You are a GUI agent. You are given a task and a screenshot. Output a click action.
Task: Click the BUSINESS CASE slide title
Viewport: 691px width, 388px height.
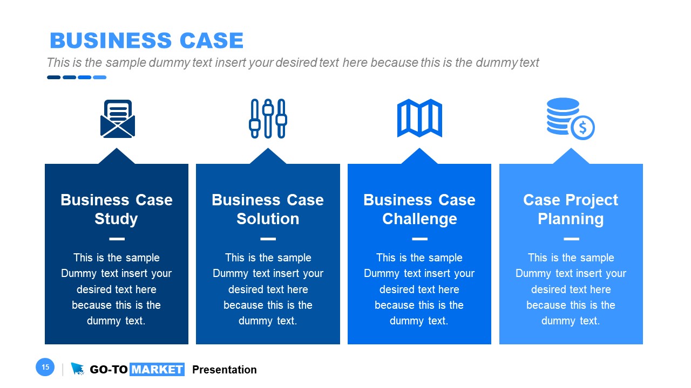(x=146, y=41)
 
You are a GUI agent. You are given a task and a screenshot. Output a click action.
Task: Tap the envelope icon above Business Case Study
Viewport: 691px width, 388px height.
(x=117, y=119)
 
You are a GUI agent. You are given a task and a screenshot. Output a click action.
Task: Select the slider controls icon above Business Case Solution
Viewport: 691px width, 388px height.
(x=268, y=119)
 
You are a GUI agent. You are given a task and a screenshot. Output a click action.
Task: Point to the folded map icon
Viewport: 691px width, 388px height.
(x=419, y=118)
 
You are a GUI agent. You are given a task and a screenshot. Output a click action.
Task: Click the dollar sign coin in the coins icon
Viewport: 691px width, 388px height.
(x=582, y=128)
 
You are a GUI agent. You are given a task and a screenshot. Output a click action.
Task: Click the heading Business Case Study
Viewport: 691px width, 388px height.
(x=117, y=209)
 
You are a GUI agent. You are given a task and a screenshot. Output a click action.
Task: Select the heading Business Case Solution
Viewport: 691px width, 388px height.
(x=268, y=209)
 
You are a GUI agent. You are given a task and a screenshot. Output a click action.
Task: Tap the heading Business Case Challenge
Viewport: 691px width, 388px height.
(x=419, y=209)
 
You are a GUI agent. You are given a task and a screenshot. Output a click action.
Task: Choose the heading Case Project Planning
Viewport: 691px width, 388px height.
(x=571, y=209)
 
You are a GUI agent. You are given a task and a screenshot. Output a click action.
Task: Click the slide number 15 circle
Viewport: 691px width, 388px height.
(x=45, y=368)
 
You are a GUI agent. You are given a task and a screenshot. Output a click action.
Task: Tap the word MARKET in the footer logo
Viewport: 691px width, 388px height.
(x=157, y=370)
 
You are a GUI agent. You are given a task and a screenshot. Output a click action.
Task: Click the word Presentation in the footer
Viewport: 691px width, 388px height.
(x=225, y=370)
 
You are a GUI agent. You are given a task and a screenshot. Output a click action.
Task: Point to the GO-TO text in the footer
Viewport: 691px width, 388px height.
(x=109, y=370)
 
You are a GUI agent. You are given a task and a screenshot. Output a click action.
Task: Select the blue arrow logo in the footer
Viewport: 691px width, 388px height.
(x=78, y=369)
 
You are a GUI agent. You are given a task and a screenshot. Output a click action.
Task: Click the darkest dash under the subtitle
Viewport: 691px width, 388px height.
(x=53, y=77)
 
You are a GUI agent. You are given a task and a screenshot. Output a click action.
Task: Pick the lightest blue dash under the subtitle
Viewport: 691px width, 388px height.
(x=99, y=77)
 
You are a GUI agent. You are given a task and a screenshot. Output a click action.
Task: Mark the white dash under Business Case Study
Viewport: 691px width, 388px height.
(x=117, y=239)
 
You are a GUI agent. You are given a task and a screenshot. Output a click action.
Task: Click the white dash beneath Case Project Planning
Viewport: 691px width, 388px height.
(x=571, y=239)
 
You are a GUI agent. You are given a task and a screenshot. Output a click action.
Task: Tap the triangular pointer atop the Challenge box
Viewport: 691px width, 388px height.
(x=419, y=156)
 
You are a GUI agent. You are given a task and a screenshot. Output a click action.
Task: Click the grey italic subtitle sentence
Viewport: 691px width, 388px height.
(x=293, y=63)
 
